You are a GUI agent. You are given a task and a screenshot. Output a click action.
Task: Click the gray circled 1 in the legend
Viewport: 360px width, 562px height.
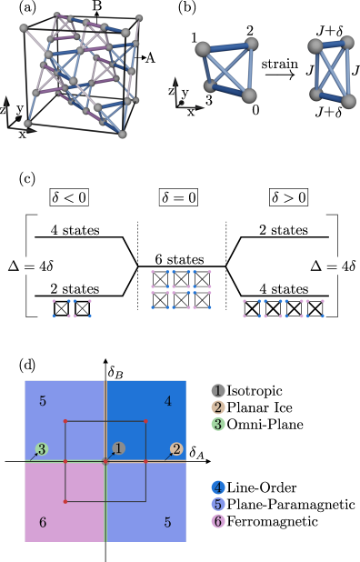click(x=218, y=391)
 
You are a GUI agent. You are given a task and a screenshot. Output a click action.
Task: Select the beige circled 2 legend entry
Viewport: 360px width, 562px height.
click(x=218, y=407)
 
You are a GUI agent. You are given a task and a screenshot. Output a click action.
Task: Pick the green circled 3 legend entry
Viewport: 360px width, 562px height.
click(x=218, y=424)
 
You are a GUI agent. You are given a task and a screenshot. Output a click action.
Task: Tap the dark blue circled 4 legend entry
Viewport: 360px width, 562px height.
click(x=218, y=487)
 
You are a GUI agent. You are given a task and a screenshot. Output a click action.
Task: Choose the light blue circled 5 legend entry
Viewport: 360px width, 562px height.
click(x=218, y=504)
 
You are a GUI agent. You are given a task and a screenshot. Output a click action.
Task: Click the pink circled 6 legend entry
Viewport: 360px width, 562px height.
click(x=218, y=521)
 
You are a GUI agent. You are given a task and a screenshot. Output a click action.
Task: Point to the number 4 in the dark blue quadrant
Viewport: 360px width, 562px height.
click(x=167, y=401)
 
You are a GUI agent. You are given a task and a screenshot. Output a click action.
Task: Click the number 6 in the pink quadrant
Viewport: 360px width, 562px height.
click(x=43, y=522)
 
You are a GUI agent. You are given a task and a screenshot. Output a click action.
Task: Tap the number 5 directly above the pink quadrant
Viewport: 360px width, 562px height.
click(x=43, y=401)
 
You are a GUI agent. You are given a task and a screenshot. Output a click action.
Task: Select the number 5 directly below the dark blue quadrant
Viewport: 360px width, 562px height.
click(x=167, y=522)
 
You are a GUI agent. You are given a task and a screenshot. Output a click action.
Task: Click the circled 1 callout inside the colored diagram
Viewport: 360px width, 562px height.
click(x=119, y=448)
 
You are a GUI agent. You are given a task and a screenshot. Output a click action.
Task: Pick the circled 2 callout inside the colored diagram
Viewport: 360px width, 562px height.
click(x=176, y=449)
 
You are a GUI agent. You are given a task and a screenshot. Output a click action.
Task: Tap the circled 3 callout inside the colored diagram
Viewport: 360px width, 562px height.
click(x=42, y=449)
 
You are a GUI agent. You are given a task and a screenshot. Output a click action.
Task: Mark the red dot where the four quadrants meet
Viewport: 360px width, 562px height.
click(x=105, y=462)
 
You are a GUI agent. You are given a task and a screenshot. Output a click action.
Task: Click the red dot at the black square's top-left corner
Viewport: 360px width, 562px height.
click(x=65, y=422)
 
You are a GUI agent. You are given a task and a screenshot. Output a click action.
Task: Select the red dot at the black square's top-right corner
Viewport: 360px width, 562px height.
click(x=145, y=422)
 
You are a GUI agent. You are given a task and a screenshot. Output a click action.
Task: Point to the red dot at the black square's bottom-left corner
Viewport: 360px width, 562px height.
click(x=65, y=501)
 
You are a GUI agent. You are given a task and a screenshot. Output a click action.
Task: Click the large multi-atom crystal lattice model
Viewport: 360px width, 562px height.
click(x=80, y=73)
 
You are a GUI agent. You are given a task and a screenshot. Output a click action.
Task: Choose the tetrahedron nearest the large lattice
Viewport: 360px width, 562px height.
click(x=227, y=69)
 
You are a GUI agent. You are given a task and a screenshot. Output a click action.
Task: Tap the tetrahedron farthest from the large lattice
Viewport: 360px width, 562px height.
click(x=332, y=71)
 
